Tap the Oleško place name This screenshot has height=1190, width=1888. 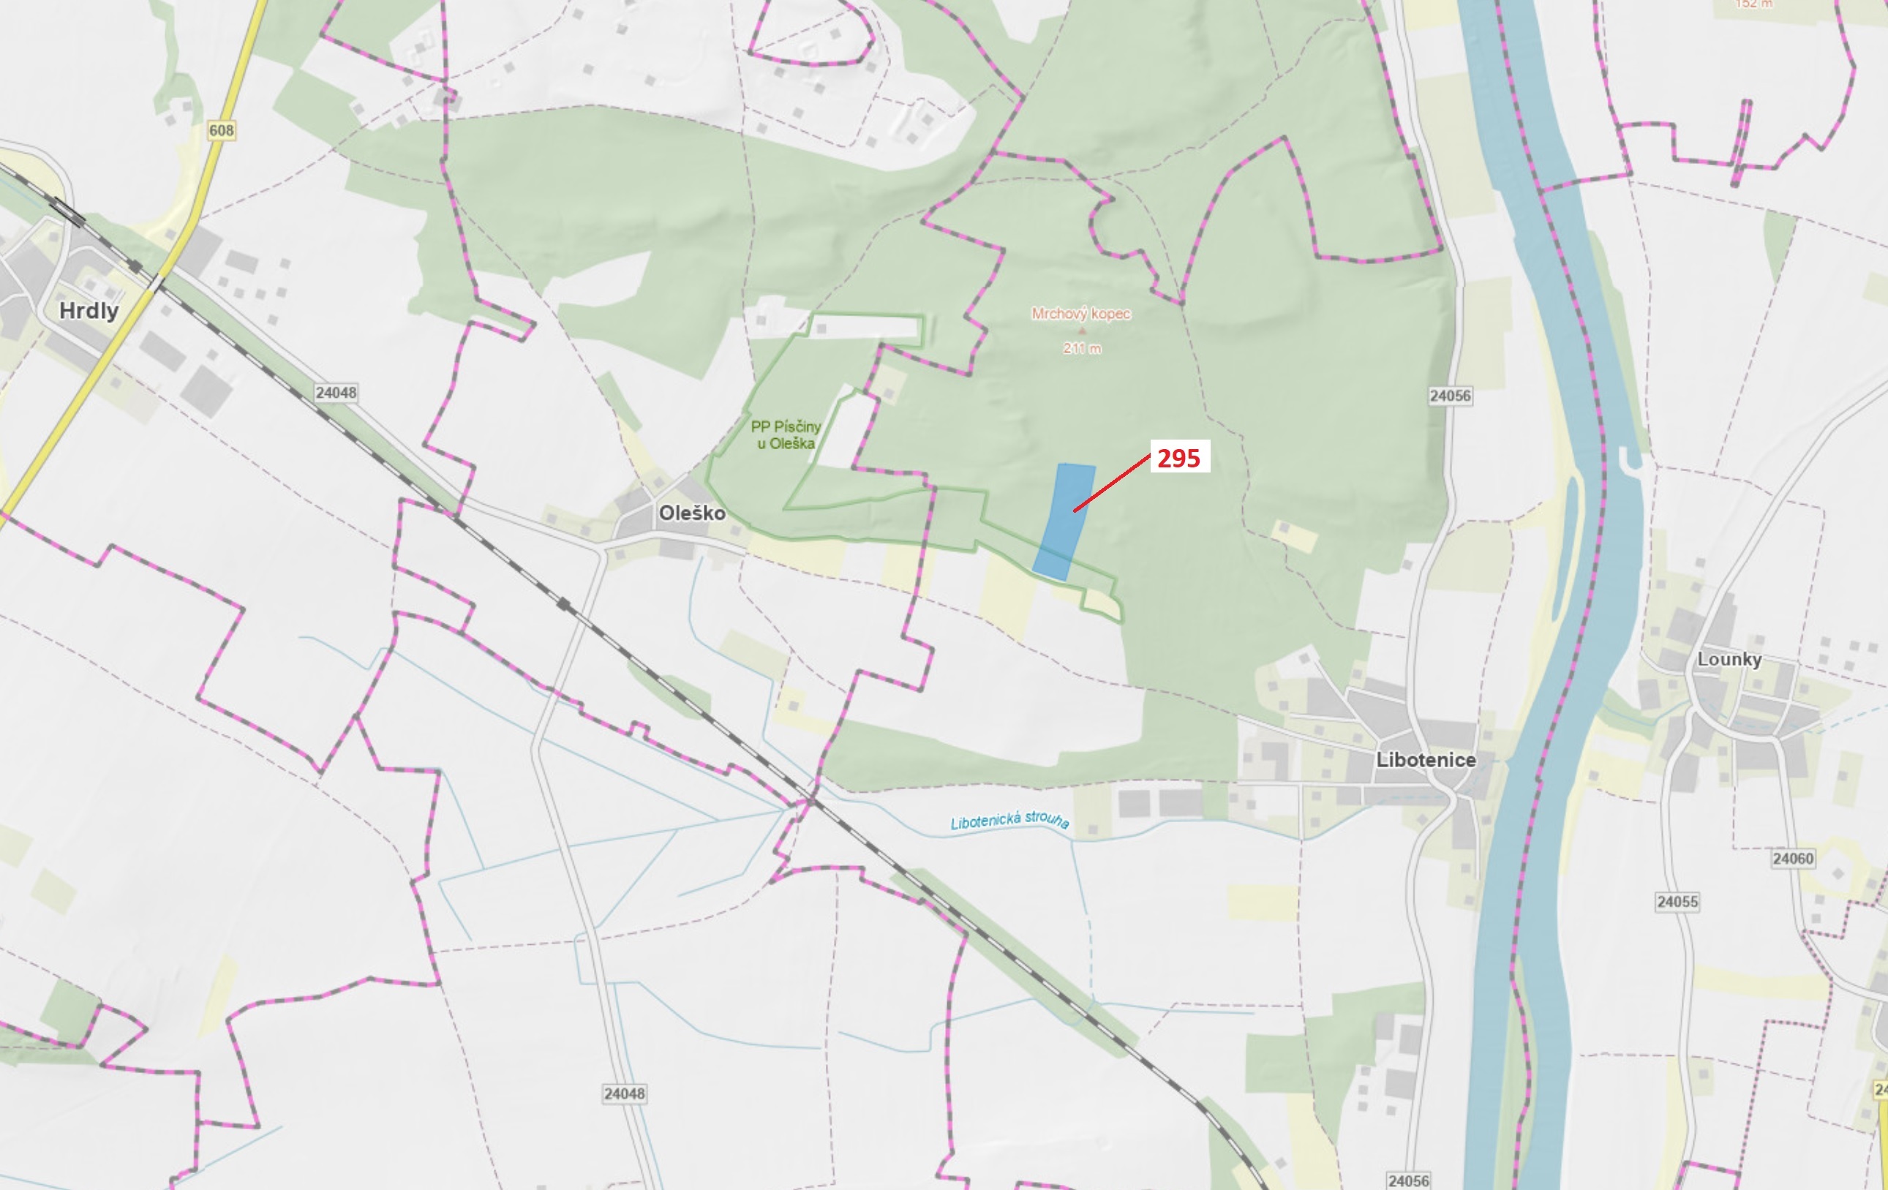pos(691,513)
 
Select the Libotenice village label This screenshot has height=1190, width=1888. pos(1426,760)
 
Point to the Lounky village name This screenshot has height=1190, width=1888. pos(1729,659)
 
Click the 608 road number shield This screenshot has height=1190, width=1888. pos(221,130)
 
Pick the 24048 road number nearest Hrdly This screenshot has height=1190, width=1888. pos(336,392)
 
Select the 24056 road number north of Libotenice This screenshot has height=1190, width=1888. pos(1450,396)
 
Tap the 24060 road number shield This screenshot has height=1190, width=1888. pos(1792,859)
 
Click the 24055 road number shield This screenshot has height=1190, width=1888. pos(1677,902)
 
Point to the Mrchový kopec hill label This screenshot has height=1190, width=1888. pos(1080,314)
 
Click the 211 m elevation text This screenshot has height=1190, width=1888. pos(1082,348)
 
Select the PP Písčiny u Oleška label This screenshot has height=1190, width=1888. pos(786,435)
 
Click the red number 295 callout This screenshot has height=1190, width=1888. pos(1178,458)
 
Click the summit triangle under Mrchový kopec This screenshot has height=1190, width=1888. pos(1082,331)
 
